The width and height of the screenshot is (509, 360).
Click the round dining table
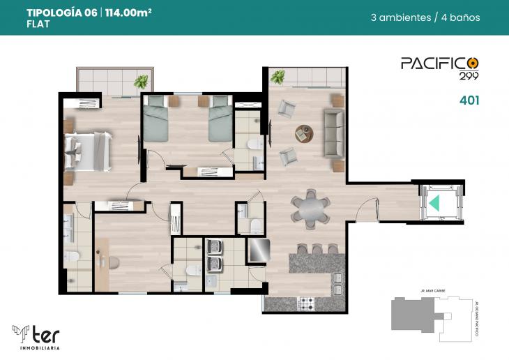[310, 209]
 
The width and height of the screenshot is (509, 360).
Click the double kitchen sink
[337, 285]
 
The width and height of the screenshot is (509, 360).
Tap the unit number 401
[469, 100]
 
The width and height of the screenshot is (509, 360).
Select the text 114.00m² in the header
[129, 13]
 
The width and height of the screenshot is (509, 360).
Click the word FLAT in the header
[38, 24]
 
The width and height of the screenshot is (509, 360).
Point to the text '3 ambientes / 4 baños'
[425, 17]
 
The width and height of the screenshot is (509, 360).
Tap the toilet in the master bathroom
[71, 257]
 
